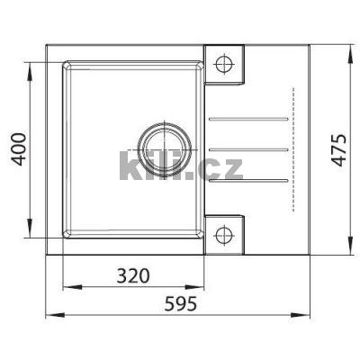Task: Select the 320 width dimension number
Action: point(131,274)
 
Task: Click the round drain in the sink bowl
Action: point(164,146)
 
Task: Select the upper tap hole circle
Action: point(224,64)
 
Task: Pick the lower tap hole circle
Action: point(224,235)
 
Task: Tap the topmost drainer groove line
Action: point(248,118)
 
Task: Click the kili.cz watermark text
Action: point(180,166)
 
